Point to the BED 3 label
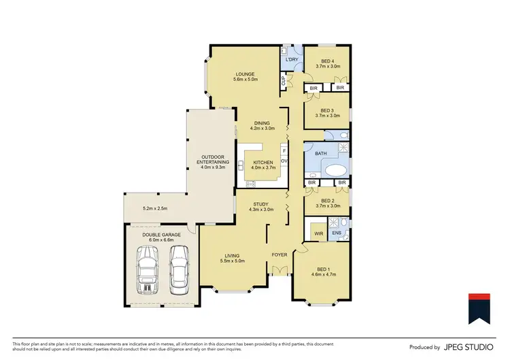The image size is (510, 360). click(x=327, y=113)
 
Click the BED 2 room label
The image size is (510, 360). click(x=327, y=201)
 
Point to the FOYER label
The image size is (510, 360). click(x=279, y=255)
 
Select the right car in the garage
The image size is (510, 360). click(x=178, y=267)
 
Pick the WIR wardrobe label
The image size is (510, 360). click(x=318, y=233)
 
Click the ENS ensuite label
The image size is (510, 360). click(x=335, y=233)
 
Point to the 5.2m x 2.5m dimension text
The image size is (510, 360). click(x=154, y=208)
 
